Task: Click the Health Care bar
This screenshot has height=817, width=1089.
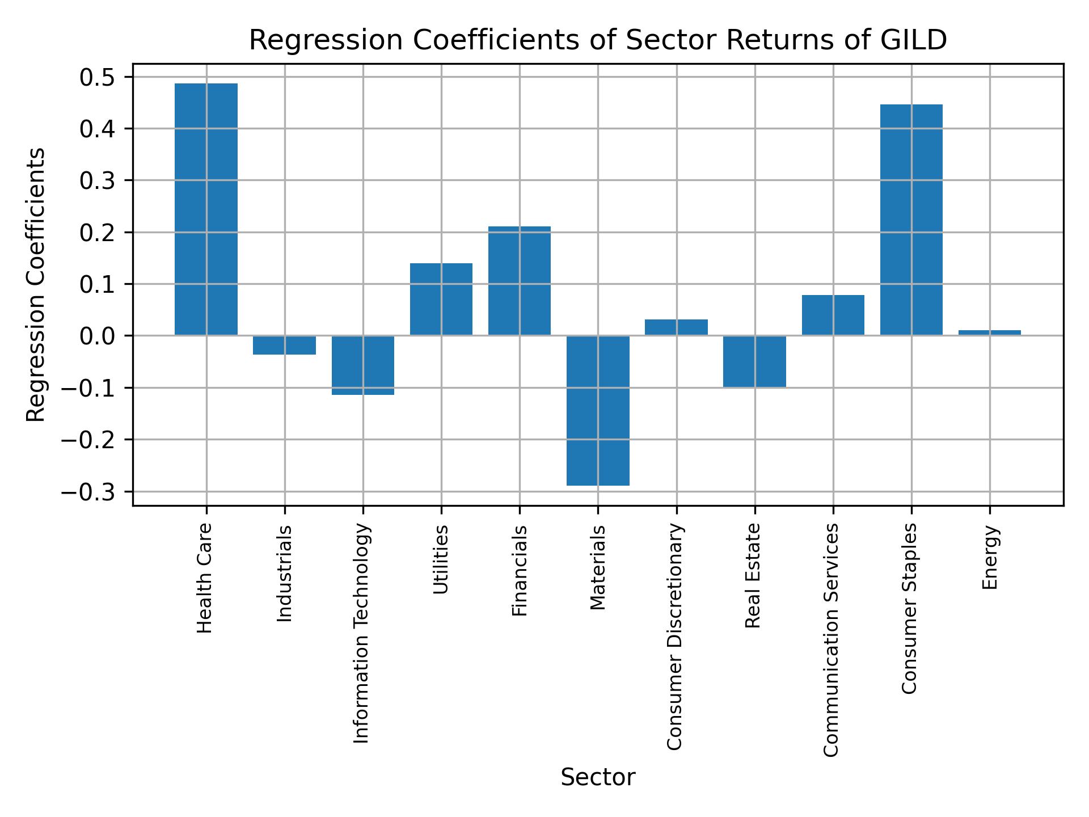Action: (206, 209)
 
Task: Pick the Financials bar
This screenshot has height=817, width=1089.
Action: (520, 281)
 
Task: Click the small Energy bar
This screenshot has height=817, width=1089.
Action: (989, 332)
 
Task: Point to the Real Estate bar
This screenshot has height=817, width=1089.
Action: (754, 361)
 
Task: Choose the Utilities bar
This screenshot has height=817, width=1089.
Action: (441, 299)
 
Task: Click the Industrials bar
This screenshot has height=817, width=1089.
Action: (284, 345)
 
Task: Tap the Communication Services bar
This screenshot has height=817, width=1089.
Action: (833, 315)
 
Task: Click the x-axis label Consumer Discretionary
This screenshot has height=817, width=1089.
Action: (675, 637)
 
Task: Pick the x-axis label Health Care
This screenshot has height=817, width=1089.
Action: (205, 578)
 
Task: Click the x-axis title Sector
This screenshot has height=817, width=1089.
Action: (598, 777)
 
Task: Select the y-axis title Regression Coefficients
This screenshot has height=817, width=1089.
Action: (36, 284)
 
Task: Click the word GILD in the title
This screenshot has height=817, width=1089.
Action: (913, 40)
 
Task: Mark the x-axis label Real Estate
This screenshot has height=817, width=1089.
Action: (753, 575)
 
